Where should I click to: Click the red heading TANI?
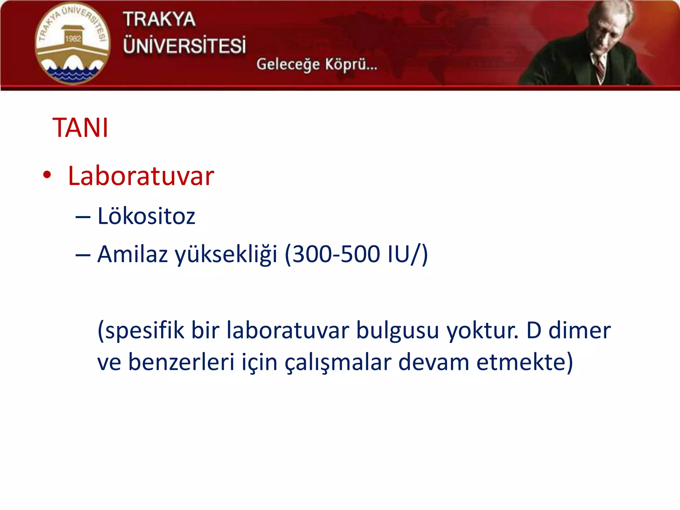pos(80,128)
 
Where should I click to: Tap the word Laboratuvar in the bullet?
pos(141,176)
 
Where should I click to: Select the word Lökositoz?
pos(146,216)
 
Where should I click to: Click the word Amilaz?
pos(132,254)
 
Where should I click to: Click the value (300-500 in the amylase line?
pos(332,254)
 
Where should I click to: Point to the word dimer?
pos(579,330)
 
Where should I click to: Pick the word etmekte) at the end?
pos(525,362)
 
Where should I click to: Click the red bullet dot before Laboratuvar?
pos(47,175)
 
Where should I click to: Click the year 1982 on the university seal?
pos(73,39)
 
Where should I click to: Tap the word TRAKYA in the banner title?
pos(159,19)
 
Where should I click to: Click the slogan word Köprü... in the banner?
pos(351,64)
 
